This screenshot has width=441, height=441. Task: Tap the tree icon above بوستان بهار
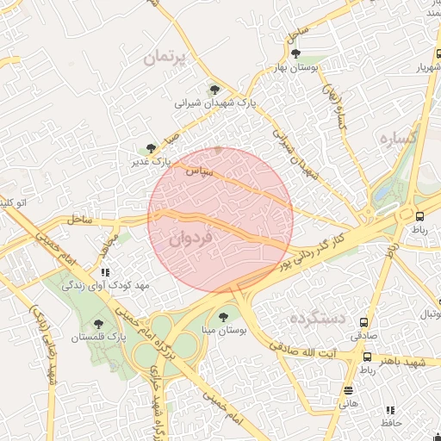tap(295, 53)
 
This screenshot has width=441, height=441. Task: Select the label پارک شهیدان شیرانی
tap(216, 102)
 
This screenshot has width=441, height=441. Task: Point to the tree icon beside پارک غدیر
tap(152, 148)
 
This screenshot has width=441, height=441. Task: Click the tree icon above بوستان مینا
tap(224, 317)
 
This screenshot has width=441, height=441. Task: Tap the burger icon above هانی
tap(348, 390)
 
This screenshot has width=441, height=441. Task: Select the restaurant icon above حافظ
tap(389, 410)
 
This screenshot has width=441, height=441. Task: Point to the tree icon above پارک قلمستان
tap(100, 325)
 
